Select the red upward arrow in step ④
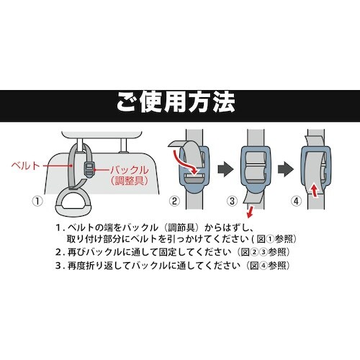315,189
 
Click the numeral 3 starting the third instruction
58,266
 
